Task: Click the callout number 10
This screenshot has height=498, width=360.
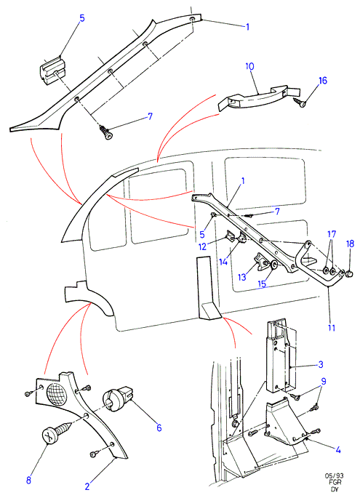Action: coord(249,67)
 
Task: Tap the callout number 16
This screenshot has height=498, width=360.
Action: coord(322,81)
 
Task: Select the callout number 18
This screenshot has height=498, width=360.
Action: coord(350,244)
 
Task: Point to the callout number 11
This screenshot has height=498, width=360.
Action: coord(332,328)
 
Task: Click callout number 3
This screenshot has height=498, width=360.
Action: coord(321,364)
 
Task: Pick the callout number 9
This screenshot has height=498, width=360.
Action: coord(324,381)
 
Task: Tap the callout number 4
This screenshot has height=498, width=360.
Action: coord(337,450)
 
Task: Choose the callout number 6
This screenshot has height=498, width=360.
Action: coord(159,427)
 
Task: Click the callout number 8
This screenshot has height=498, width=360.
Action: coord(28,481)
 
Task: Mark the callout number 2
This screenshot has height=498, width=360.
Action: coord(87,486)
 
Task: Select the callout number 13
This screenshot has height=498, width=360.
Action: coord(242,277)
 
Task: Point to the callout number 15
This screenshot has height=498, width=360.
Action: coord(262,284)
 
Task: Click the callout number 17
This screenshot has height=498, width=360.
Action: coord(332,235)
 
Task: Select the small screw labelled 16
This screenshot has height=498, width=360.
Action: coord(300,103)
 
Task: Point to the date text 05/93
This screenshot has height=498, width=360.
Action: coord(334,476)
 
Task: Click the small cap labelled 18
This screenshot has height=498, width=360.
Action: coord(349,273)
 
